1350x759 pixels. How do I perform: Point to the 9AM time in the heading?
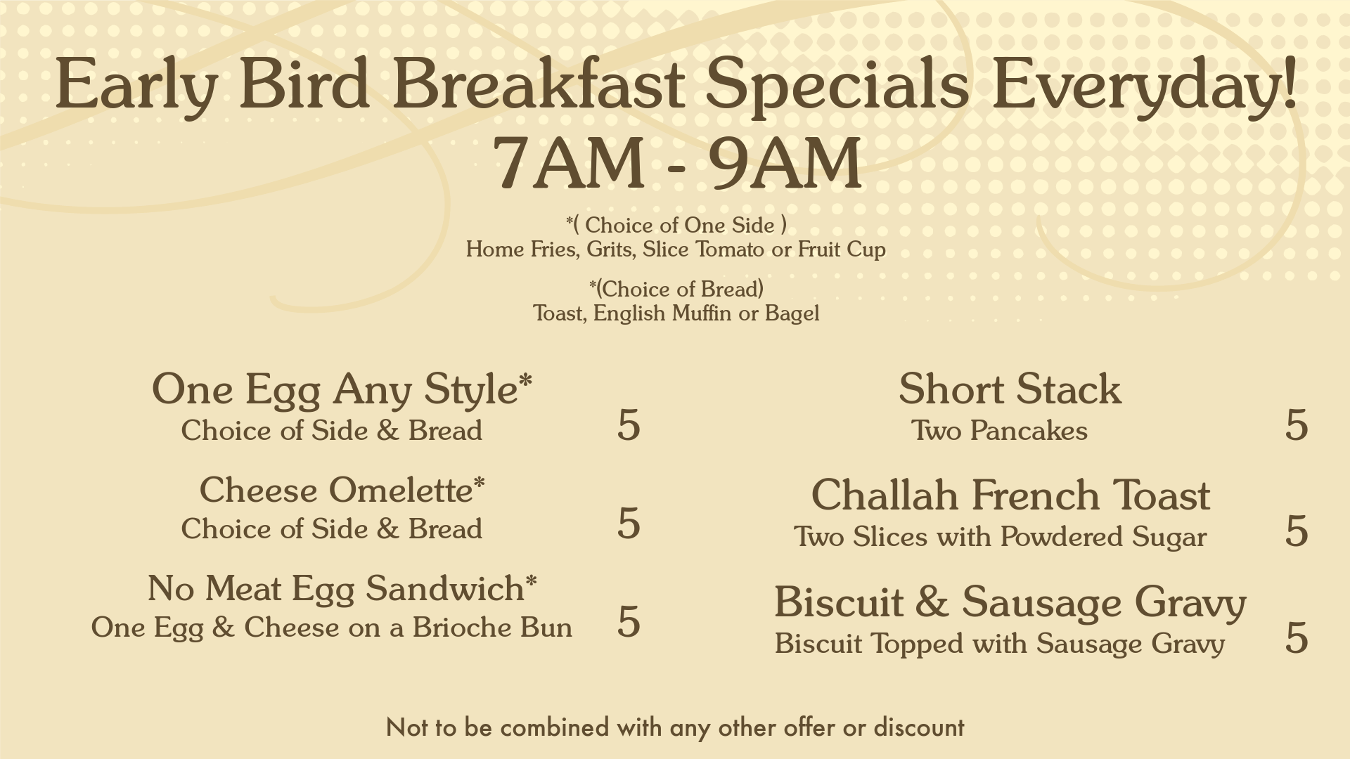coord(785,163)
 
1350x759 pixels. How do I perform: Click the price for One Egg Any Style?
coord(629,424)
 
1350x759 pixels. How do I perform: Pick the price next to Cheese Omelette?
coord(629,523)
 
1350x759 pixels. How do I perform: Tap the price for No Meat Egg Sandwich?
coord(629,621)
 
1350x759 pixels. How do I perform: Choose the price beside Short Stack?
coord(1297,424)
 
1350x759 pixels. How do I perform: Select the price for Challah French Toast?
coord(1297,531)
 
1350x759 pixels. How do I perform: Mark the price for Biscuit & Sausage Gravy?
coord(1297,637)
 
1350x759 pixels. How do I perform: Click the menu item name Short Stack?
coord(1010,389)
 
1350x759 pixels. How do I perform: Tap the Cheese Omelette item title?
coord(342,490)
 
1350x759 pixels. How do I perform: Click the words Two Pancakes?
coord(999,430)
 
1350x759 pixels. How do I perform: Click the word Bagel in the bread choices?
coord(792,313)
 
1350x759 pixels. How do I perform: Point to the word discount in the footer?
coord(919,727)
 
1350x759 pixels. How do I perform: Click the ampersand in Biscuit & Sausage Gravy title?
coord(931,602)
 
